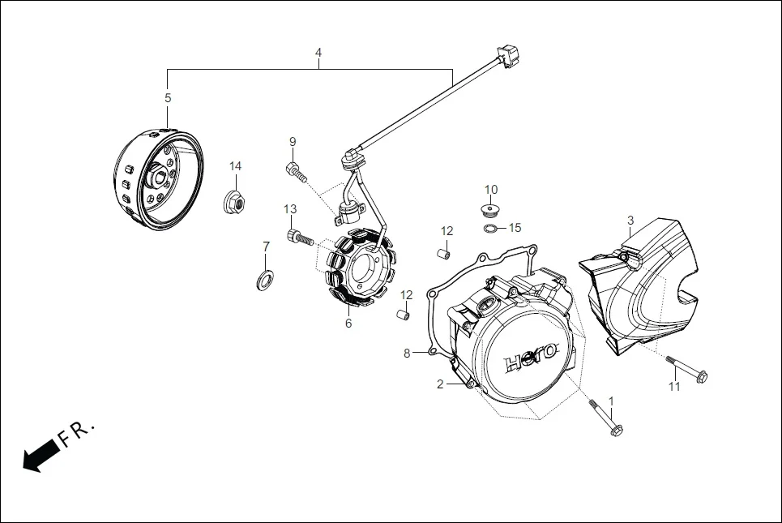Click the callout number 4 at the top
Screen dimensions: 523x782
coord(318,53)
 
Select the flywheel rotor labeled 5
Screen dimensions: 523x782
coord(157,176)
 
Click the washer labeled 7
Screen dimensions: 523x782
coord(264,281)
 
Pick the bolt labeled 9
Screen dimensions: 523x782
coord(295,171)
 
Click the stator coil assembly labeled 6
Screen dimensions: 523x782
coord(357,269)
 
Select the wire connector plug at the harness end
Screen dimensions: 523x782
coord(506,57)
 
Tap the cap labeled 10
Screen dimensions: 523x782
coord(490,212)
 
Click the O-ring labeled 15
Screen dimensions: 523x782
coord(491,229)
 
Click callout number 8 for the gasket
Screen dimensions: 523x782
coord(408,353)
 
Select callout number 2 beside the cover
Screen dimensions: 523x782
coord(440,384)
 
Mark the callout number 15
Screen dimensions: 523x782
coord(515,228)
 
